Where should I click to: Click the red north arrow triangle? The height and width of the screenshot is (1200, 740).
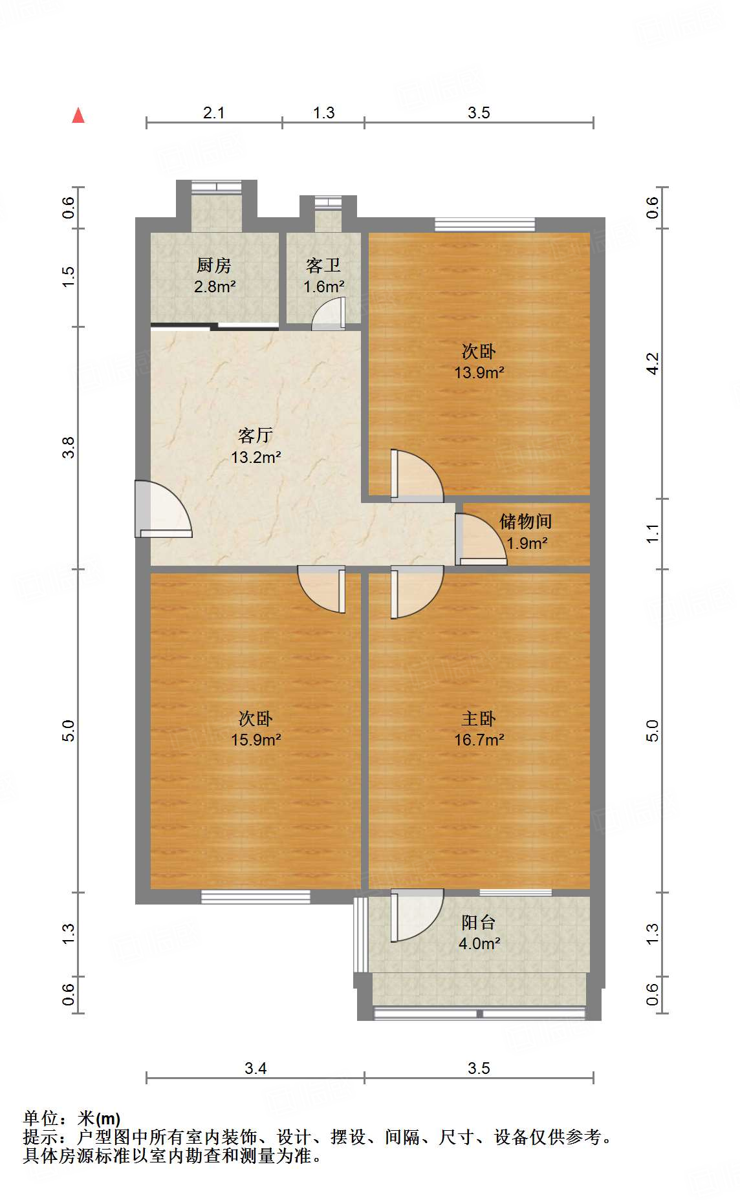click(x=78, y=116)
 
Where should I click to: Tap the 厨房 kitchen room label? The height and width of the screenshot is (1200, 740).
click(x=214, y=265)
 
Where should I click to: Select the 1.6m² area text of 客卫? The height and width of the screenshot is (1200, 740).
click(x=323, y=286)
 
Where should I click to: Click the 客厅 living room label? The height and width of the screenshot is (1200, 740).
click(x=256, y=435)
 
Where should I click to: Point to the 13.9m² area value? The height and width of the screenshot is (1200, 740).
click(x=479, y=372)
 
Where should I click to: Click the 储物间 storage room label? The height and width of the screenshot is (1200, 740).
click(x=525, y=521)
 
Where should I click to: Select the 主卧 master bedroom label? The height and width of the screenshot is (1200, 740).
click(x=479, y=718)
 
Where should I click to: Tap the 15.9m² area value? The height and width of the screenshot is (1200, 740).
click(x=256, y=740)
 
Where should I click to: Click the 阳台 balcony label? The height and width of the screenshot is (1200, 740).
click(x=479, y=922)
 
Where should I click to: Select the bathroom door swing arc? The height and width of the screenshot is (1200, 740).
click(x=329, y=314)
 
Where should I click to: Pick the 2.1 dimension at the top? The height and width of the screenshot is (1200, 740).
click(x=214, y=112)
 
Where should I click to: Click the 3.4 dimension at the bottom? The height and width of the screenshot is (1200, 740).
click(x=256, y=1068)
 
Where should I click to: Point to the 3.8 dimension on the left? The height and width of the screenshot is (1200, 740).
click(x=69, y=447)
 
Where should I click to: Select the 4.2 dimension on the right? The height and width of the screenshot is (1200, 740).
click(x=653, y=363)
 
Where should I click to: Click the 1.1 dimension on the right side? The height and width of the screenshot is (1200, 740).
click(x=653, y=533)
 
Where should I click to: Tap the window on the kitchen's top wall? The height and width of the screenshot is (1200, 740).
click(x=217, y=187)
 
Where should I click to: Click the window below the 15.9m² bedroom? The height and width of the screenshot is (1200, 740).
click(x=256, y=897)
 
